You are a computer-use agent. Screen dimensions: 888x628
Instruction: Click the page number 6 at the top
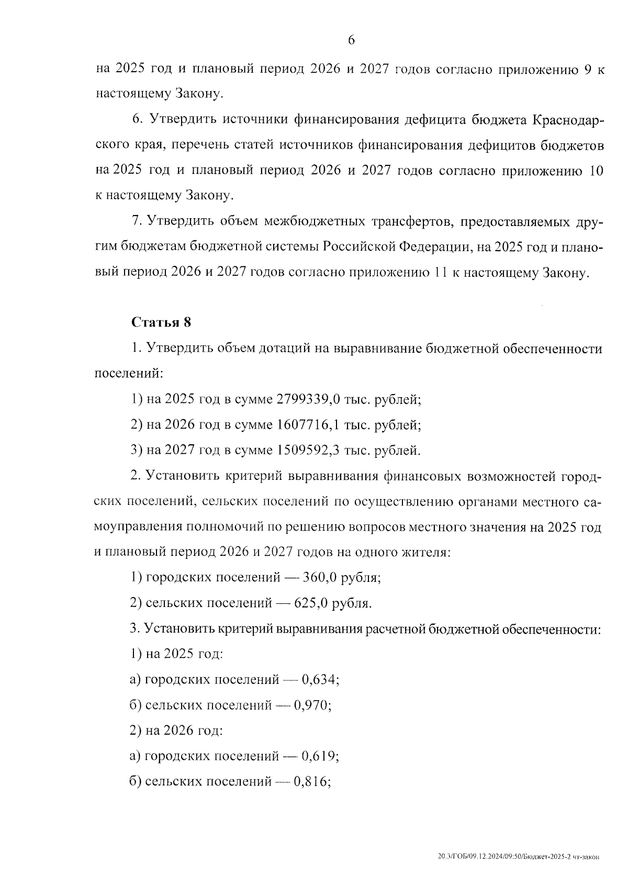(x=351, y=40)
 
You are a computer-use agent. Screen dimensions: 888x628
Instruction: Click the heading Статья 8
(x=161, y=322)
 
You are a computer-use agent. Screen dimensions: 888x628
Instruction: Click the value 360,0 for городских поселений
(x=317, y=578)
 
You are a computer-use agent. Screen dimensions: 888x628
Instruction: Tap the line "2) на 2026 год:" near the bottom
(x=176, y=730)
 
